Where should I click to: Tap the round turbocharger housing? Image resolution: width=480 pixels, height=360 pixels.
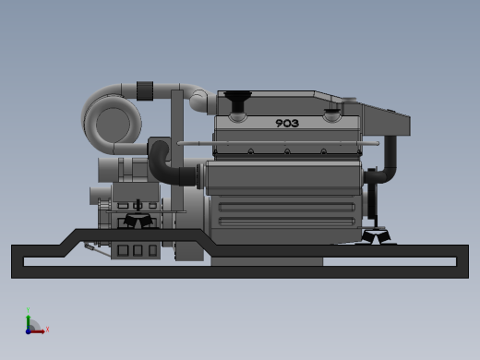113,121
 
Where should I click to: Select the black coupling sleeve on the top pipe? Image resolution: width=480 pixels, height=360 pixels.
145,90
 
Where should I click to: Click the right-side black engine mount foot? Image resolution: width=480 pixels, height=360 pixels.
378,238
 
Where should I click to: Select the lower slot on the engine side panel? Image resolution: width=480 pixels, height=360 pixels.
286,222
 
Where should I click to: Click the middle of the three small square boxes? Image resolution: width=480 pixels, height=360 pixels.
138,249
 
